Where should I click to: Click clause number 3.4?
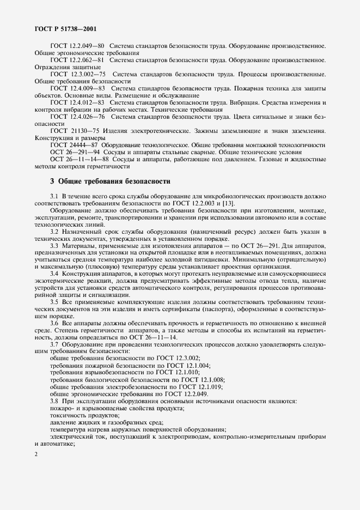coord(54,274)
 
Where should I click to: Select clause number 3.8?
coord(54,402)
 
